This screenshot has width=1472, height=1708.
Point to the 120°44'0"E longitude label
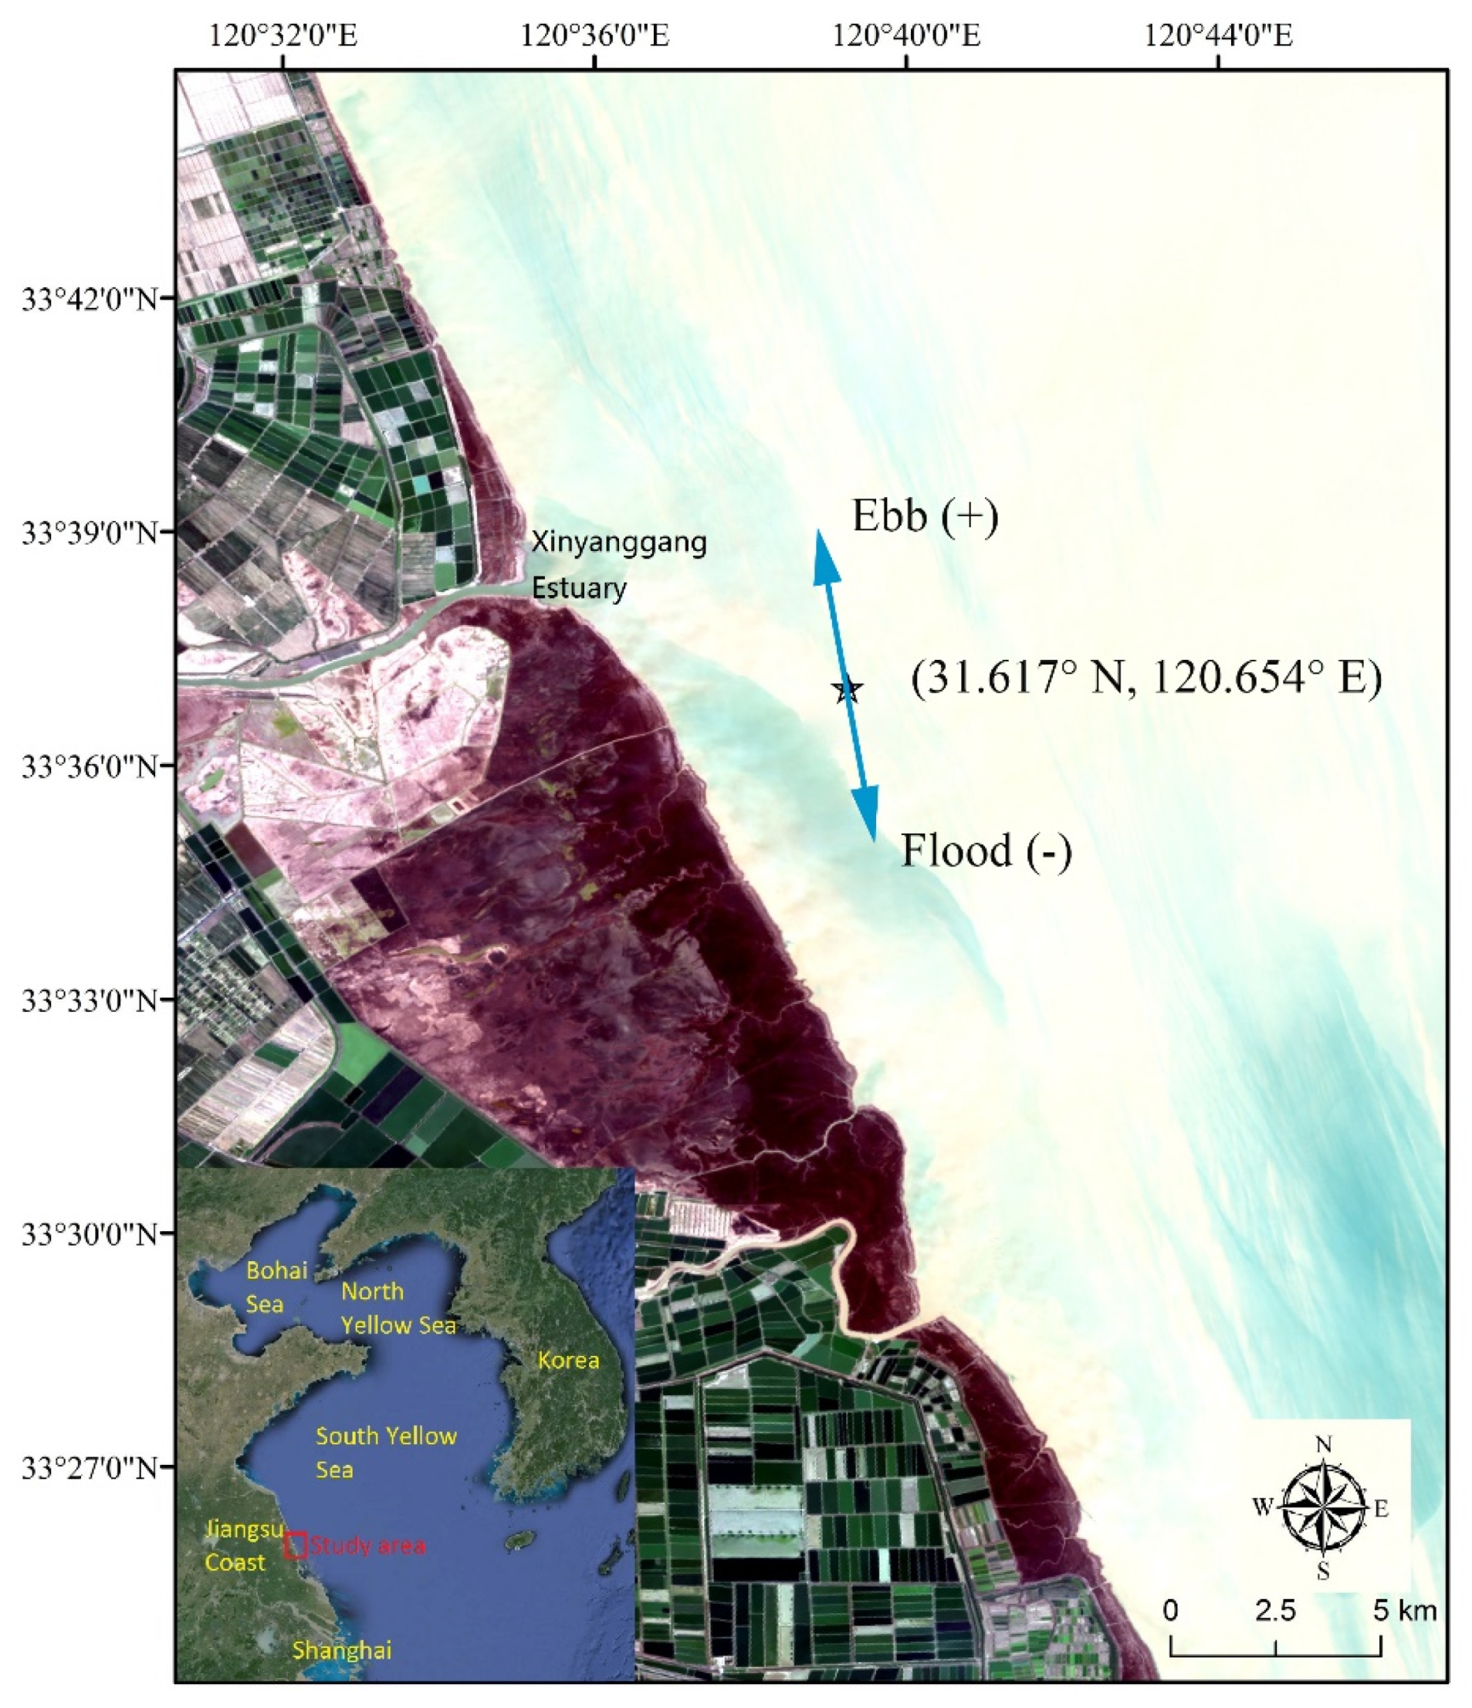[1218, 36]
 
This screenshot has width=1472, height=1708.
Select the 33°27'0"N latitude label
[90, 1467]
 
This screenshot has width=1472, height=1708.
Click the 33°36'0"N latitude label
[90, 766]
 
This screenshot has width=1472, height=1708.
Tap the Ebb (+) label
[925, 517]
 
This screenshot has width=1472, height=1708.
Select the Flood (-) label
[986, 851]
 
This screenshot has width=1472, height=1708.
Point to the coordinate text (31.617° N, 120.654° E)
[1146, 678]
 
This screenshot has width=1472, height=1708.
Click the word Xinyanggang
[618, 543]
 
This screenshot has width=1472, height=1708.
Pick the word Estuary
[579, 589]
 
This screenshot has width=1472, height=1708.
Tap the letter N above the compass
[1324, 1444]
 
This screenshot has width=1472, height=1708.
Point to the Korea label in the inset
[568, 1359]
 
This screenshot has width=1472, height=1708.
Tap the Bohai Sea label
[276, 1286]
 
